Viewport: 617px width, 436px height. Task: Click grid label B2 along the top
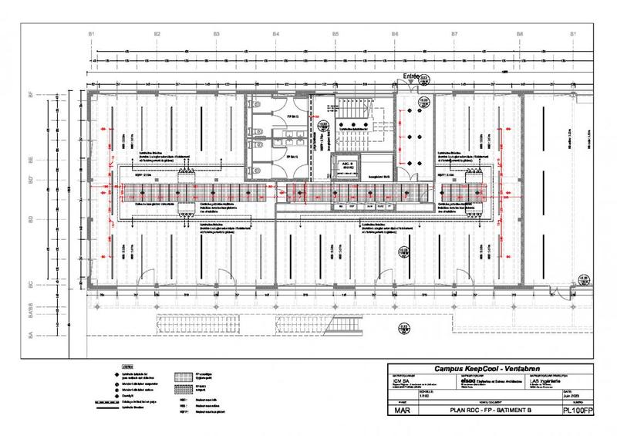pyautogui.click(x=157, y=35)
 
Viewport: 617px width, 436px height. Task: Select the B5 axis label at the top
pyautogui.click(x=336, y=35)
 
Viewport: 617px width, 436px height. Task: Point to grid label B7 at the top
pyautogui.click(x=455, y=35)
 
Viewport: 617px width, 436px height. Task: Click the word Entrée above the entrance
pyautogui.click(x=410, y=77)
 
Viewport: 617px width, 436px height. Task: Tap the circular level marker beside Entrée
pyautogui.click(x=424, y=78)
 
